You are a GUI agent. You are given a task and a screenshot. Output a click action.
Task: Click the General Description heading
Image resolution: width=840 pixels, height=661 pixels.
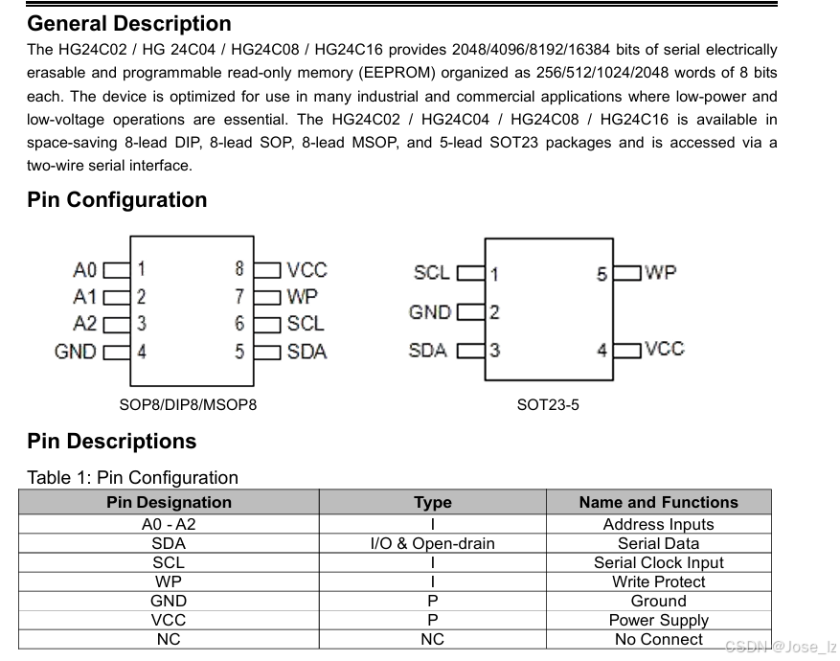point(129,23)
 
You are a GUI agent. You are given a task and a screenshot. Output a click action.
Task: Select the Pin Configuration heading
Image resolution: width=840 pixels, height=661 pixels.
point(117,200)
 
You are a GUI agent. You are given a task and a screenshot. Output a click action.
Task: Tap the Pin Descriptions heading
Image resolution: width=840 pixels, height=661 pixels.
point(111,442)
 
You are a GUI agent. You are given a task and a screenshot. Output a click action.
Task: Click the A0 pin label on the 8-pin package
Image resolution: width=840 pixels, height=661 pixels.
point(85,269)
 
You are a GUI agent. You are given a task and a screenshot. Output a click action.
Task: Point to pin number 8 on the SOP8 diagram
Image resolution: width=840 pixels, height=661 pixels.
point(239,269)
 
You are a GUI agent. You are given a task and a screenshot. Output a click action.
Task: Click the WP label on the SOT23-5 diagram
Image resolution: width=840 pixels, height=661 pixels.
point(661,272)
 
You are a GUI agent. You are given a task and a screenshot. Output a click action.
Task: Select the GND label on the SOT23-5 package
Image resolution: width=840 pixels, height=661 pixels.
point(429,312)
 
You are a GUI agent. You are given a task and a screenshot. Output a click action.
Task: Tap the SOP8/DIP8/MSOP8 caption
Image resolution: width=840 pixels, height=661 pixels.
point(188,404)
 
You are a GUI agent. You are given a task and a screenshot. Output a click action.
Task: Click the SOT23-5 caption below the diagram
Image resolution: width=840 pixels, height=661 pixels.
point(548,404)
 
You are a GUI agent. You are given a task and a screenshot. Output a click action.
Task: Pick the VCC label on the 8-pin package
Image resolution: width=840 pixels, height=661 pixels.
point(306,270)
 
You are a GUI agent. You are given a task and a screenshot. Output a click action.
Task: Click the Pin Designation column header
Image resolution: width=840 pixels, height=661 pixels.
point(169,502)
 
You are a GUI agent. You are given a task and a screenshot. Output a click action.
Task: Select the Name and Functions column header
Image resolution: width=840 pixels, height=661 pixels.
point(658,502)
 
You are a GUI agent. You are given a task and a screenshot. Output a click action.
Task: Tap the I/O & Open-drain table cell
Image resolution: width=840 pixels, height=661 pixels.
point(432,543)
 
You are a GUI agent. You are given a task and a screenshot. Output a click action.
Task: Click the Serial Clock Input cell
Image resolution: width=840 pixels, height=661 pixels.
point(658,562)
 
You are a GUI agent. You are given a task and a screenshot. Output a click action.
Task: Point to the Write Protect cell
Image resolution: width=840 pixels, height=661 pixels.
point(658,581)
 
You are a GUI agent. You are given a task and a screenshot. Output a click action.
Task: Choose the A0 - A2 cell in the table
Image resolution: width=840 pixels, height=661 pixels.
point(169,524)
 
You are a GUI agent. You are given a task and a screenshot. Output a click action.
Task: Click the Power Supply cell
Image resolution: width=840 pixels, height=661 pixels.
point(658,620)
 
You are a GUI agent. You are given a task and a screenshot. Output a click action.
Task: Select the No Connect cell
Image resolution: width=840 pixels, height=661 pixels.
point(658,639)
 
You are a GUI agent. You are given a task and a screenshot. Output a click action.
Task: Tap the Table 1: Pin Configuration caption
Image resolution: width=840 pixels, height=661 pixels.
point(132,477)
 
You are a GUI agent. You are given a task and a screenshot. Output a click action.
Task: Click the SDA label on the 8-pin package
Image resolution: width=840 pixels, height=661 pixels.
point(306,352)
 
